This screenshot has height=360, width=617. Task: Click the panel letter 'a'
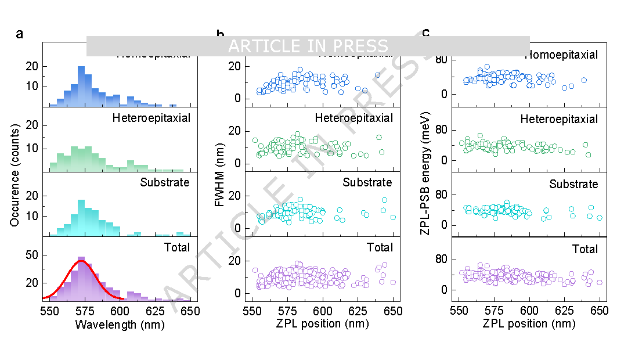20,34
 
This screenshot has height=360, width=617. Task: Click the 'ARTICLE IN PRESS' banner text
308,46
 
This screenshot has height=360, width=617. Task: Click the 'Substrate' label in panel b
367,182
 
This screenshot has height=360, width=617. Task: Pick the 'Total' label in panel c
584,249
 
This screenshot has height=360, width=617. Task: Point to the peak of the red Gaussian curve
81,261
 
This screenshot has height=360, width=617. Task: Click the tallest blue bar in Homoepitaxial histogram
81,87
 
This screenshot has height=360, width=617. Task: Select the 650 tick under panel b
393,311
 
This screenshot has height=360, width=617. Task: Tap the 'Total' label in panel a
177,247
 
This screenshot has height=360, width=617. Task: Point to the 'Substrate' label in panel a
165,182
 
